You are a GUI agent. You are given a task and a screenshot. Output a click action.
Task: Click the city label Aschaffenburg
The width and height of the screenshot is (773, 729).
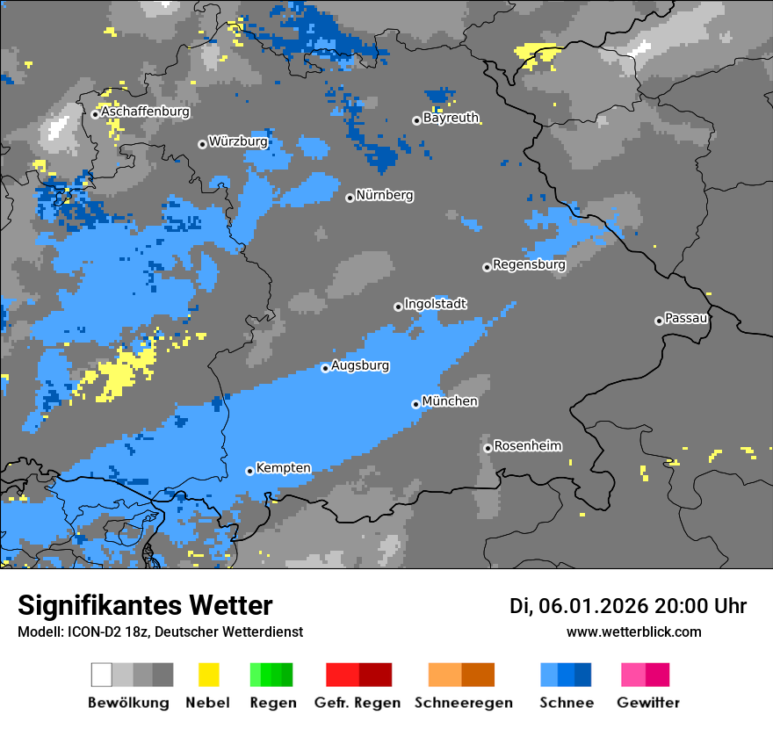[145, 112]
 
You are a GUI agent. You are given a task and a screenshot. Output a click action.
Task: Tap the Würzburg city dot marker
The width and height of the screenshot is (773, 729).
[202, 144]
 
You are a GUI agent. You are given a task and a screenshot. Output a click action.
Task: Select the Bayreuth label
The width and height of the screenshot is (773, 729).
[451, 118]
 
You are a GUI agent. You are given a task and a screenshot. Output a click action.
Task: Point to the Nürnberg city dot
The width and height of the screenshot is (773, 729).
[350, 198]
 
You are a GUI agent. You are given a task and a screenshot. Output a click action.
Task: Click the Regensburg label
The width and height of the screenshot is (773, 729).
[529, 264]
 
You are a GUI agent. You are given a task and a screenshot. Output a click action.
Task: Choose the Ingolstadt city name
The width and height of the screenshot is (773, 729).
[436, 304]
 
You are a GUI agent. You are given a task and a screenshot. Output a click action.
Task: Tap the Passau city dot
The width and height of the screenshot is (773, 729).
[659, 321]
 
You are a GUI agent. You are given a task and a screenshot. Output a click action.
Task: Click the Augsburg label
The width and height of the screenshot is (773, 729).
[360, 365]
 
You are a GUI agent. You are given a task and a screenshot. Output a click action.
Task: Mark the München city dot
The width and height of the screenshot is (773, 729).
[415, 404]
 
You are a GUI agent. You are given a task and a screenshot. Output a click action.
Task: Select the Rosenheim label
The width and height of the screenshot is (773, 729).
[527, 446]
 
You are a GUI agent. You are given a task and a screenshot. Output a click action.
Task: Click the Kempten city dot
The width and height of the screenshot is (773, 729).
[249, 471]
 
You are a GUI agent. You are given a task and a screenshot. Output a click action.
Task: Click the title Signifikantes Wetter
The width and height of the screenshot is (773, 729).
[145, 606]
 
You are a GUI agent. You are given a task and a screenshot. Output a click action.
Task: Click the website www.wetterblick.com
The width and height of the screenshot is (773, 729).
[633, 632]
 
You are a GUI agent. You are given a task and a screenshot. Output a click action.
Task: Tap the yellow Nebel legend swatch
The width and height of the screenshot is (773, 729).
[209, 675]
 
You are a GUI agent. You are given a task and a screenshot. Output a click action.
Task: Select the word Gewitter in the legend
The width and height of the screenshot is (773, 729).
[647, 703]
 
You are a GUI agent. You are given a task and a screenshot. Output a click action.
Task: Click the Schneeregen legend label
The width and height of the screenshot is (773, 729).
[463, 703]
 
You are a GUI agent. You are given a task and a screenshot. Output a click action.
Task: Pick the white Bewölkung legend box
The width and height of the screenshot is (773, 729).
[102, 675]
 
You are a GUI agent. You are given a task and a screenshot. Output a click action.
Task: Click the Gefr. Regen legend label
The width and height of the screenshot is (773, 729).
[357, 703]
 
